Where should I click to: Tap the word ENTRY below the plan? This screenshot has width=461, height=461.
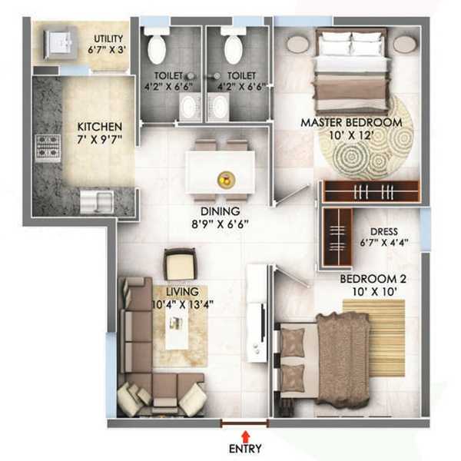pos(246,449)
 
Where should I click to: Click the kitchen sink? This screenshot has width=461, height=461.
pos(97,201)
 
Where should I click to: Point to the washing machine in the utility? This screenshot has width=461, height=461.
pos(61,44)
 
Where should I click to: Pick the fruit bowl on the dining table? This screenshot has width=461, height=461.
pos(226,179)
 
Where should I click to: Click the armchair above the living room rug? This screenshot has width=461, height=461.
pos(180,264)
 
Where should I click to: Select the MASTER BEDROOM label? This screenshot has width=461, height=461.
pos(352,123)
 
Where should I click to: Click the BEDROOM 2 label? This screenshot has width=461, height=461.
pos(373,279)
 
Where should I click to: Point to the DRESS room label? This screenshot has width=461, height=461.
pos(384,232)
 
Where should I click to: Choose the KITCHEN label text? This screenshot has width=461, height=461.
pos(100,127)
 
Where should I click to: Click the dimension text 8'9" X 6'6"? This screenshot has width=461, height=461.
pos(221,224)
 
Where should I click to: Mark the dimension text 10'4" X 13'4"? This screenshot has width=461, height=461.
pos(183,304)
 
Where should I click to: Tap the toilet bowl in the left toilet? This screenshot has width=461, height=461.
pos(157,47)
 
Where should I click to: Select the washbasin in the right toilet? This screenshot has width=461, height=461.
pos(218,107)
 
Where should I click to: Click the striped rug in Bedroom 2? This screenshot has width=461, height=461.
pos(374,338)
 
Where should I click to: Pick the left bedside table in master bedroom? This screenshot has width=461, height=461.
pos(298,44)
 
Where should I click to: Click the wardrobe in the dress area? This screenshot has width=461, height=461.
pos(338,237)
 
